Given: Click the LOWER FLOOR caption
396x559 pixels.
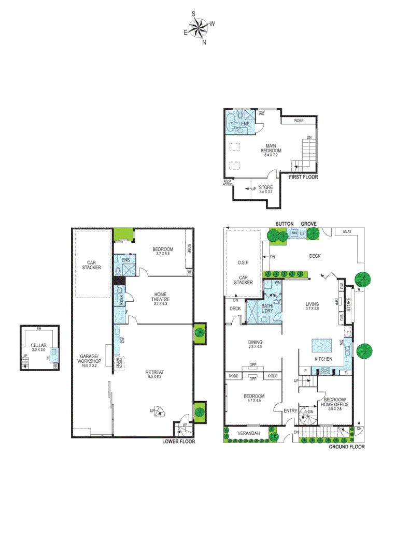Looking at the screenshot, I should click(x=178, y=442).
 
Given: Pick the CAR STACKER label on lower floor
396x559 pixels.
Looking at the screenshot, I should click(x=91, y=264).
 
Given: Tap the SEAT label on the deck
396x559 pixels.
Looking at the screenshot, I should click(x=346, y=231).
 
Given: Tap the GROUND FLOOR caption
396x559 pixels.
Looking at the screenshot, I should click(x=347, y=447).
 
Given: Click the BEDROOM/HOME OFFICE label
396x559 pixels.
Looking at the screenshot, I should click(x=335, y=402).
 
